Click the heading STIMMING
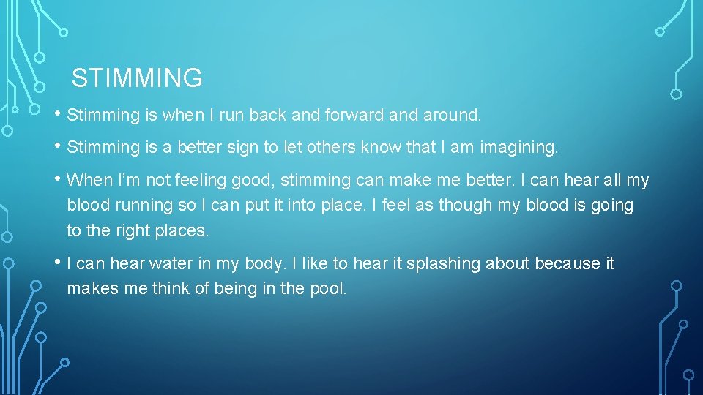137,78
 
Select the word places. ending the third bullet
182,230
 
